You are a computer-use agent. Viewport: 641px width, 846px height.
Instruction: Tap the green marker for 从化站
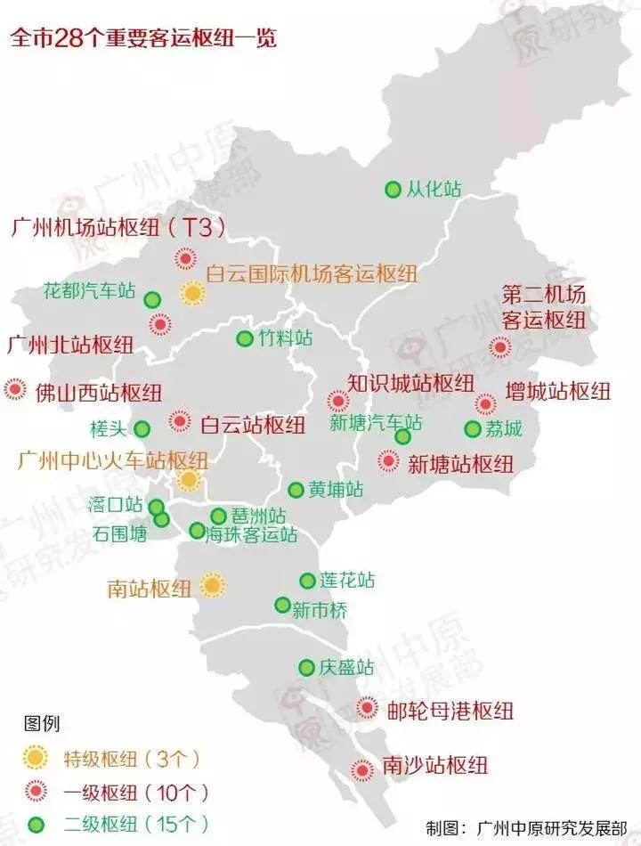pyautogui.click(x=393, y=190)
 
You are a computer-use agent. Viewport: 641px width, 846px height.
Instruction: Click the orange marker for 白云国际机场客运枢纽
pyautogui.click(x=191, y=293)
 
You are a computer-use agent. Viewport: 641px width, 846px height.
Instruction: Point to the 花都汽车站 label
pyautogui.click(x=89, y=291)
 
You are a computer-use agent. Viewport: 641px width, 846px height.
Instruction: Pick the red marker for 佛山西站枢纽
pyautogui.click(x=15, y=389)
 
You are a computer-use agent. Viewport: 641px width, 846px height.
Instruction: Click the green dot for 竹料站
pyautogui.click(x=244, y=339)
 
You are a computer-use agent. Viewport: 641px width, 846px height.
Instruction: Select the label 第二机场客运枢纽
pyautogui.click(x=543, y=307)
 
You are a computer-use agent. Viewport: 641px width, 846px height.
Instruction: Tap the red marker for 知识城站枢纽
pyautogui.click(x=337, y=402)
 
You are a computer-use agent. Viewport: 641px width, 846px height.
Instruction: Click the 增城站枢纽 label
pyautogui.click(x=557, y=391)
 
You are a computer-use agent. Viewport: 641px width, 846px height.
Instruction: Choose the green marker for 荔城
pyautogui.click(x=473, y=429)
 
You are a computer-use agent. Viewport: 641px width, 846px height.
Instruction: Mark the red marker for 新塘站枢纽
pyautogui.click(x=389, y=461)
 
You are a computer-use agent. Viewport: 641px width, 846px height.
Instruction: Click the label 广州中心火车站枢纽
pyautogui.click(x=113, y=460)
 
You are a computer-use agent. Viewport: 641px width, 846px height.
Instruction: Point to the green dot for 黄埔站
pyautogui.click(x=296, y=490)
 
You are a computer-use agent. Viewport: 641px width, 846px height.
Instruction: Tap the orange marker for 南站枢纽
pyautogui.click(x=212, y=585)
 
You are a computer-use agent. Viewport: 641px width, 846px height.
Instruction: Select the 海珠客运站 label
pyautogui.click(x=251, y=535)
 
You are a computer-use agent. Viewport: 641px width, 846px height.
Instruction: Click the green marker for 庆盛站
pyautogui.click(x=306, y=667)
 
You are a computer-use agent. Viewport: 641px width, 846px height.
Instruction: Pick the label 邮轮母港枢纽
pyautogui.click(x=451, y=711)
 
